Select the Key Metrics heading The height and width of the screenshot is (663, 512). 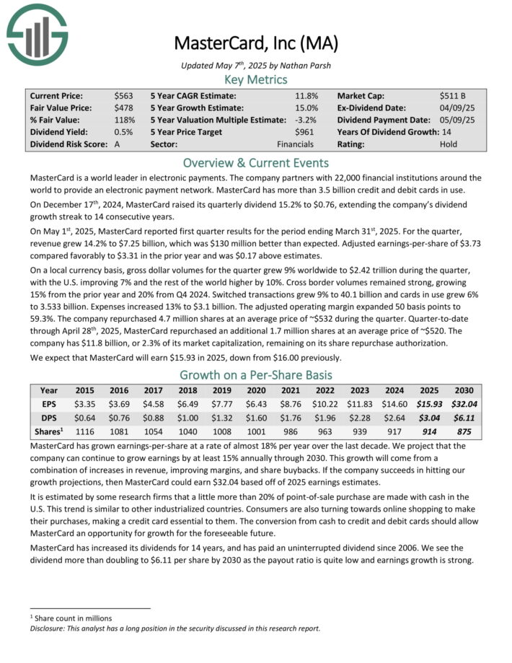pyautogui.click(x=256, y=79)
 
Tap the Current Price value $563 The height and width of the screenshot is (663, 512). pyautogui.click(x=123, y=95)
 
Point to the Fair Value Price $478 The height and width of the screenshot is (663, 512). pyautogui.click(x=123, y=107)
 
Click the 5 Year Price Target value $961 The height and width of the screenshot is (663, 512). pyautogui.click(x=304, y=131)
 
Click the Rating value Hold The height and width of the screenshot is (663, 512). pyautogui.click(x=449, y=144)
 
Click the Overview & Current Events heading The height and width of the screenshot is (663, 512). pyautogui.click(x=256, y=162)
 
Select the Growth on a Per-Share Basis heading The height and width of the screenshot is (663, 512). pyautogui.click(x=256, y=375)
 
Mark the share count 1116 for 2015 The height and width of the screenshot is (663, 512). pyautogui.click(x=86, y=431)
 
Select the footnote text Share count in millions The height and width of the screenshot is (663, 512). pyautogui.click(x=74, y=618)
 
